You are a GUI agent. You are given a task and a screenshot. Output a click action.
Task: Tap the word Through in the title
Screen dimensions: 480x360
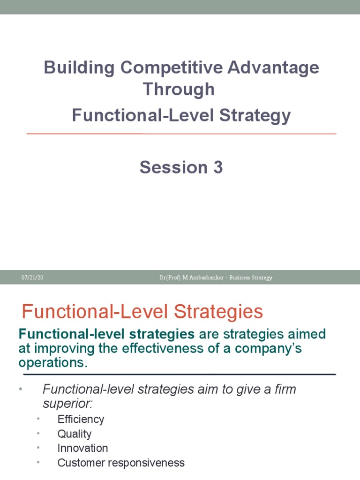coord(179,89)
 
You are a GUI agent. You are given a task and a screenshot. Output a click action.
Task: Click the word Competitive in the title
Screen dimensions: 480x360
coord(171,67)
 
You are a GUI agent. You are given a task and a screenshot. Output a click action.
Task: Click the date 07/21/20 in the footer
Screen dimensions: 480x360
coord(32,277)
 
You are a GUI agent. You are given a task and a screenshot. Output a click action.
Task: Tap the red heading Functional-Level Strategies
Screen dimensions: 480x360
coord(142,312)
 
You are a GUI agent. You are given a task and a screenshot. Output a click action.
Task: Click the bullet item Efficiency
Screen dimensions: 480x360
coord(81,419)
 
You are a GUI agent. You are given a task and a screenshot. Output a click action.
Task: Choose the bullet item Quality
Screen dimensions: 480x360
coord(75,434)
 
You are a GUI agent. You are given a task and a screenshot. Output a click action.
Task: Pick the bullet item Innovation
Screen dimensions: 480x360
coord(82,448)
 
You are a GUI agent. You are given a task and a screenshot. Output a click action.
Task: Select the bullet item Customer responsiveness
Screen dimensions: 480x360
coord(121,463)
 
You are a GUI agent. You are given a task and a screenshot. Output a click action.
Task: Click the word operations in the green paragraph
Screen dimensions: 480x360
coord(52,363)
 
